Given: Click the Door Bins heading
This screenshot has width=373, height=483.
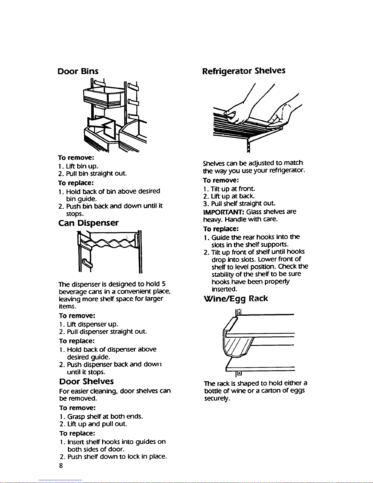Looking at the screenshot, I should pyautogui.click(x=78, y=71).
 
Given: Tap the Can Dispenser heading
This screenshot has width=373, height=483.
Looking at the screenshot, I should pyautogui.click(x=88, y=223).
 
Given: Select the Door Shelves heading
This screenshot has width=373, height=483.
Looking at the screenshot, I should pyautogui.click(x=86, y=381).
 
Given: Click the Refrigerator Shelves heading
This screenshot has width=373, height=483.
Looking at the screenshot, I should pyautogui.click(x=244, y=71).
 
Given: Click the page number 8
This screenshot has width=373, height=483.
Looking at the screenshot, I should pyautogui.click(x=61, y=466).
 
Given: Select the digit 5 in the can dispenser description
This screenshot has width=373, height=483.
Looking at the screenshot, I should pyautogui.click(x=164, y=284).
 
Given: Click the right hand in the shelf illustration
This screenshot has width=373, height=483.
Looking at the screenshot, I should pyautogui.click(x=279, y=119).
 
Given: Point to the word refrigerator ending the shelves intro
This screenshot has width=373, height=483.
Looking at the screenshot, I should pyautogui.click(x=287, y=171).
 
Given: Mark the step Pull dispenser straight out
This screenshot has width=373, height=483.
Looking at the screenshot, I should pyautogui.click(x=103, y=332).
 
